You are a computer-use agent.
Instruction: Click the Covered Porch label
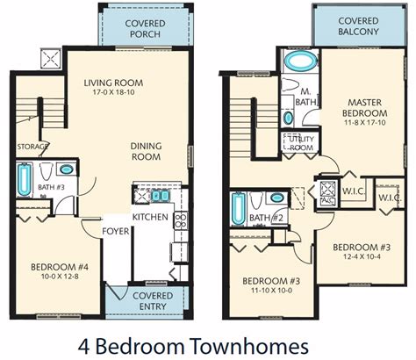click(x=145, y=29)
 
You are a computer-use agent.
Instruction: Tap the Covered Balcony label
click(x=358, y=26)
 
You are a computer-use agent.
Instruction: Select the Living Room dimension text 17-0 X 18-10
click(x=113, y=92)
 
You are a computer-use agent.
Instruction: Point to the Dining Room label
click(x=146, y=151)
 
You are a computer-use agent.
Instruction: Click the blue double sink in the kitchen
click(x=161, y=196)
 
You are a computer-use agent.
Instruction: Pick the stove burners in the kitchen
click(x=181, y=220)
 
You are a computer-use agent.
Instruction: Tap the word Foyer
click(x=116, y=231)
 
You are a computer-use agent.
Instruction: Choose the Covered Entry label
click(x=153, y=301)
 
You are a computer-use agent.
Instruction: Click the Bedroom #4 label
click(x=60, y=267)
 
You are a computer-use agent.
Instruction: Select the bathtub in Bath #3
click(x=24, y=180)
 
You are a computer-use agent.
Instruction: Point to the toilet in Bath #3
click(x=46, y=171)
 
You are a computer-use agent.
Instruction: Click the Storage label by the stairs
click(x=32, y=147)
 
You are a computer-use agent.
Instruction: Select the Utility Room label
click(x=301, y=143)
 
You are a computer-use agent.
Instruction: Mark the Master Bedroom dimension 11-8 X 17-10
click(x=365, y=123)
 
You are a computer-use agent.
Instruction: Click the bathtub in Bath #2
click(x=239, y=209)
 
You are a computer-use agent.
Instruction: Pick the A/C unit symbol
click(x=327, y=193)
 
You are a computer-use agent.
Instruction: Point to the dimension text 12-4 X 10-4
click(x=362, y=256)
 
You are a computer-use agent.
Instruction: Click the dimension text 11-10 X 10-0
click(x=271, y=291)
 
